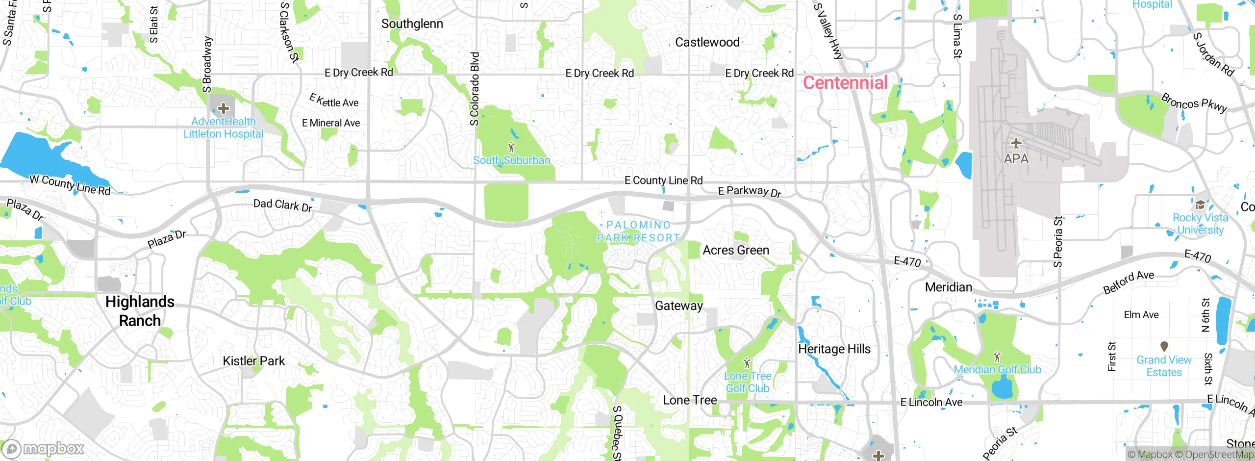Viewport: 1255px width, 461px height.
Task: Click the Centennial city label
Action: [x=845, y=82]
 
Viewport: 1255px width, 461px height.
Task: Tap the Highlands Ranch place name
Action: [x=140, y=311]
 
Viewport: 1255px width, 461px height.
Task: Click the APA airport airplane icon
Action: [x=1016, y=144]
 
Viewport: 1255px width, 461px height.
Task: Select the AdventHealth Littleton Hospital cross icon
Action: [x=224, y=108]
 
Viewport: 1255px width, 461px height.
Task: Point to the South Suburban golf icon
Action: [x=511, y=147]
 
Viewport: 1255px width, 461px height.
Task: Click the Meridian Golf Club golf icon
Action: [x=997, y=357]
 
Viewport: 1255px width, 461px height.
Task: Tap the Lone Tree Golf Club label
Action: [x=748, y=382]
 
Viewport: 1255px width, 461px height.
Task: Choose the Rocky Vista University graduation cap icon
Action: [x=1200, y=205]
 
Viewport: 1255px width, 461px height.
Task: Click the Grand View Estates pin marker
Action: [x=1164, y=346]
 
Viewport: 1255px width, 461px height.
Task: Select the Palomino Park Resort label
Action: [x=638, y=231]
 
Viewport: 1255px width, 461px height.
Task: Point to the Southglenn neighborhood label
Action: [x=412, y=24]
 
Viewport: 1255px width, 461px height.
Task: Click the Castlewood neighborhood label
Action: [x=707, y=42]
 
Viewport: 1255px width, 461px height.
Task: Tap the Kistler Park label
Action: [x=253, y=361]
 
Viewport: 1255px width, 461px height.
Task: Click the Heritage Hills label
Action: [x=834, y=349]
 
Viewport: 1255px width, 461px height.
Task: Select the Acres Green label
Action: [x=735, y=250]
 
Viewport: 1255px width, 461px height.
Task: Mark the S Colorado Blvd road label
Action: [x=474, y=89]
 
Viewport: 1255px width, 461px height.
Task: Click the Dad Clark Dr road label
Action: [x=282, y=205]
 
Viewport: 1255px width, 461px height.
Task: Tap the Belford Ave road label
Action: [x=1128, y=282]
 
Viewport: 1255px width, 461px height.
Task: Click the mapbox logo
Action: [x=43, y=448]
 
